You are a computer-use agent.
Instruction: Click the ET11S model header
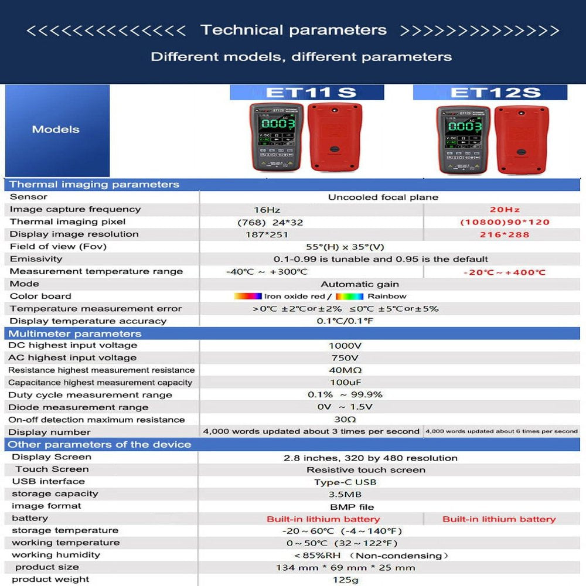point(306,93)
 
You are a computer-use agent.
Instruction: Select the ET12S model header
point(490,93)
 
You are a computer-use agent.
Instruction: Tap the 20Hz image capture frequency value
point(505,210)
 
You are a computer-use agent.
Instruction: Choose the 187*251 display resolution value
point(267,234)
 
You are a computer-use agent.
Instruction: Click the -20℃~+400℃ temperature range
point(505,272)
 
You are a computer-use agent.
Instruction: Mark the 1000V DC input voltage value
point(345,346)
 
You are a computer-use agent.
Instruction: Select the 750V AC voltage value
point(345,358)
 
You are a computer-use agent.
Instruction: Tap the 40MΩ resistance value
point(345,370)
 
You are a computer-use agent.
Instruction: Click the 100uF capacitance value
point(345,383)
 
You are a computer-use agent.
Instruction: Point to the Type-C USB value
point(345,482)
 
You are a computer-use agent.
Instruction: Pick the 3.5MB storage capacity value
point(345,495)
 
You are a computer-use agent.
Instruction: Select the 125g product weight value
point(345,580)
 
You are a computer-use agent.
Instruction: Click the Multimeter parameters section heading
point(74,333)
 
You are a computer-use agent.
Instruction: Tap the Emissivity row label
point(36,259)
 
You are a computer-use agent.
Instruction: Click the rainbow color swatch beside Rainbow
point(349,297)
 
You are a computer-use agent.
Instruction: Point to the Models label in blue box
point(56,130)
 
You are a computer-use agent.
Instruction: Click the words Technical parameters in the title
point(294,30)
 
